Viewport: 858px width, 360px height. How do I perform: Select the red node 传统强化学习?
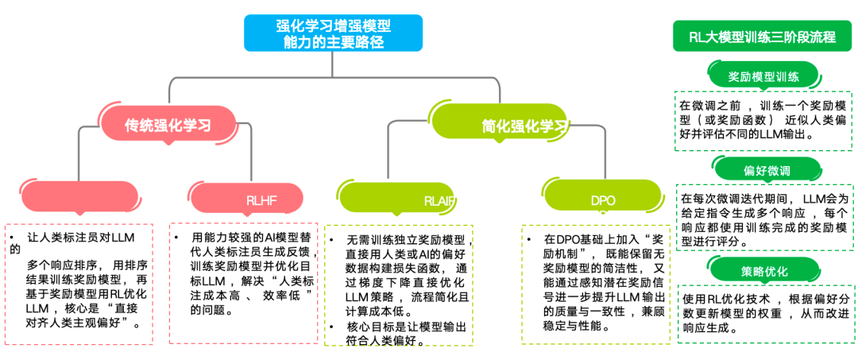tap(169, 125)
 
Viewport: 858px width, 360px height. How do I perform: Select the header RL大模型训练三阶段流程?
tap(763, 37)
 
